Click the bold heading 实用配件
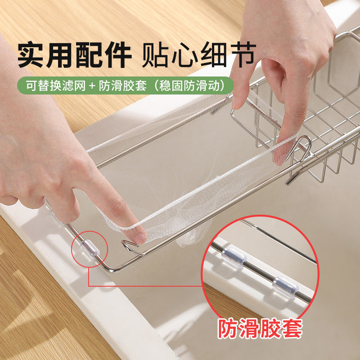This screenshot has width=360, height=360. tap(74, 55)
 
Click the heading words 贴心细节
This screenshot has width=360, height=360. tap(198, 55)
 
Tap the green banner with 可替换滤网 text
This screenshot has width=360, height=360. tap(127, 85)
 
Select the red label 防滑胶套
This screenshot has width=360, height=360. tap(260, 328)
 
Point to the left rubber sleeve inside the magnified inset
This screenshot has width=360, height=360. tap(233, 256)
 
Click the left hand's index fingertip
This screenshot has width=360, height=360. tap(138, 233)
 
